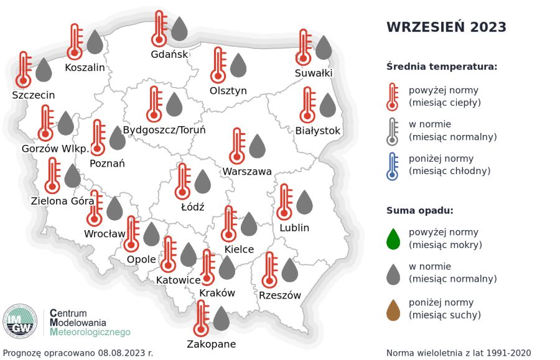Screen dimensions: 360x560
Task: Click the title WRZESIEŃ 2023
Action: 446,27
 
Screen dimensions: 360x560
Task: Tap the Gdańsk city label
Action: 169,54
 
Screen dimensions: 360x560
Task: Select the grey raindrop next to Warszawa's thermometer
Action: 257,146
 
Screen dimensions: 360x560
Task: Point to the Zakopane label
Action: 212,344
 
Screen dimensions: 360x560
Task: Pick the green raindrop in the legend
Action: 393,239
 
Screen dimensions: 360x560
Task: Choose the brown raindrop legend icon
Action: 393,310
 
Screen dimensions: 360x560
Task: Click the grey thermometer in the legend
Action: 392,131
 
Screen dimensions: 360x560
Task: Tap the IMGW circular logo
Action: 21,321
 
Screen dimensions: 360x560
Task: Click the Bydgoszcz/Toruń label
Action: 164,130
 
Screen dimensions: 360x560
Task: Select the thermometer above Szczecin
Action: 24,70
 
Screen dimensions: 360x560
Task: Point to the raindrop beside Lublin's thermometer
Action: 304,203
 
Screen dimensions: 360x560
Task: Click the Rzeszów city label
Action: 280,295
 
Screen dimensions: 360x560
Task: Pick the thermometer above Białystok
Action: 307,105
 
